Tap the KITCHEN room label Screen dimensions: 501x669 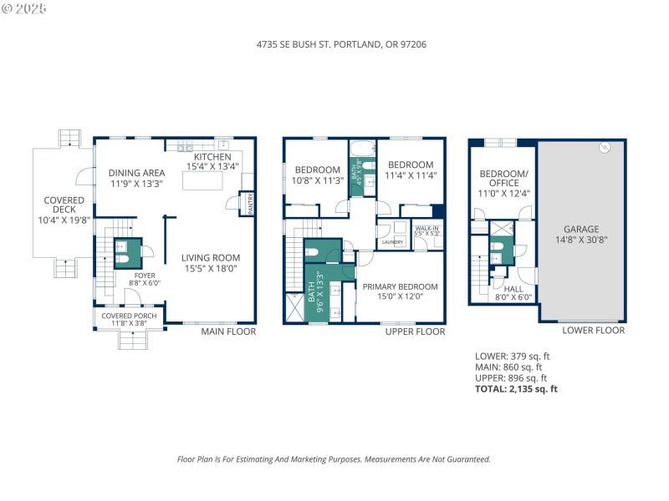tap(212, 157)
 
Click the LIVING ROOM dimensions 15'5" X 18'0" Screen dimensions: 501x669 tap(212, 269)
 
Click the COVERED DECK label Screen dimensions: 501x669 tap(64, 200)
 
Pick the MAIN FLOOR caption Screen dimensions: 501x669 tap(228, 331)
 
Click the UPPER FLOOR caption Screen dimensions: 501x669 tap(415, 331)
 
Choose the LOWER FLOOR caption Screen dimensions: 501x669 tap(594, 331)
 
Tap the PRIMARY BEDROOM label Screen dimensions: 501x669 tap(400, 286)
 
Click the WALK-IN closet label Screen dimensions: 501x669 tap(426, 228)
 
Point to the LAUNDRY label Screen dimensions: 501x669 tap(392, 243)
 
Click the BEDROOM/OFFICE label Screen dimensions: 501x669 tap(503, 178)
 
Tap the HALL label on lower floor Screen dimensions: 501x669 tap(513, 288)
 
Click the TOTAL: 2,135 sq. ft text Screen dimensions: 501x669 tap(516, 389)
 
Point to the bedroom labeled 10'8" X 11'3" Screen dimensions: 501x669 tap(317, 180)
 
